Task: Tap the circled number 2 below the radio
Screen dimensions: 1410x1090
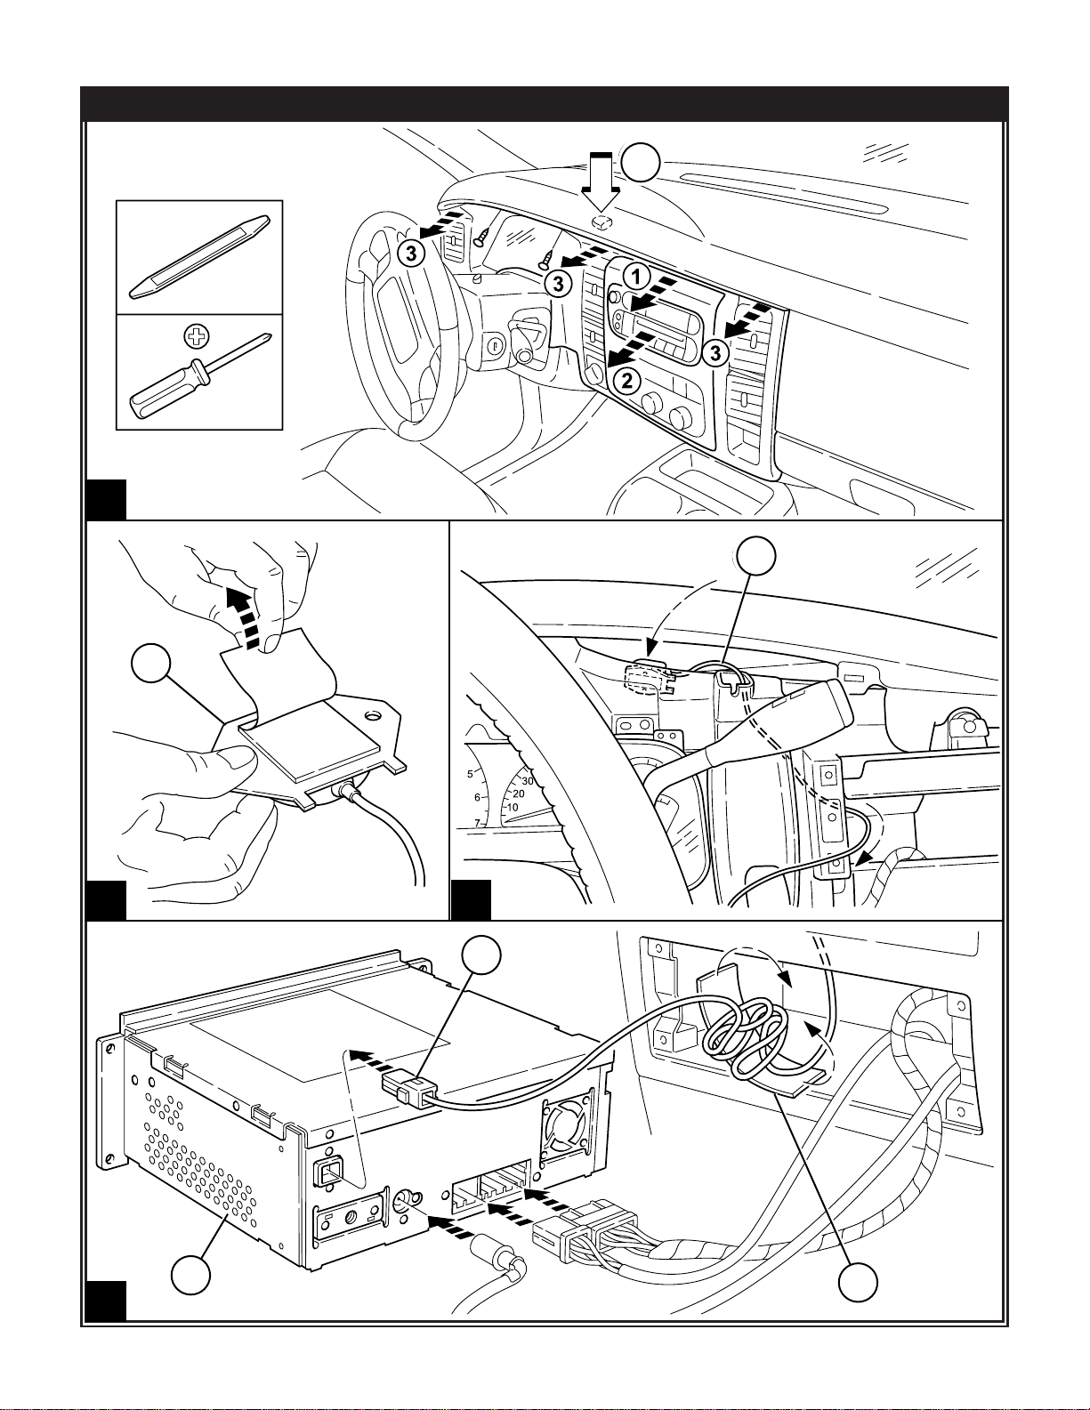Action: pos(627,381)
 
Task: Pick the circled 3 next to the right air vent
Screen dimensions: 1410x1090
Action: pos(715,354)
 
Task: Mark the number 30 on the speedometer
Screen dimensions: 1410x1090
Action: pos(527,780)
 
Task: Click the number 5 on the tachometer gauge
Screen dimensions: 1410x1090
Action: pos(470,773)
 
